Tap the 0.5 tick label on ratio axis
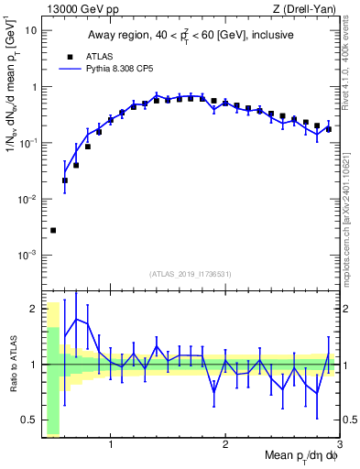click(x=30, y=420)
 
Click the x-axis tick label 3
click(x=338, y=445)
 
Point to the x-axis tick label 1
click(x=111, y=445)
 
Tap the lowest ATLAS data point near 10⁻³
click(x=53, y=230)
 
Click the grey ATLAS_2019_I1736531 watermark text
click(x=191, y=273)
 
